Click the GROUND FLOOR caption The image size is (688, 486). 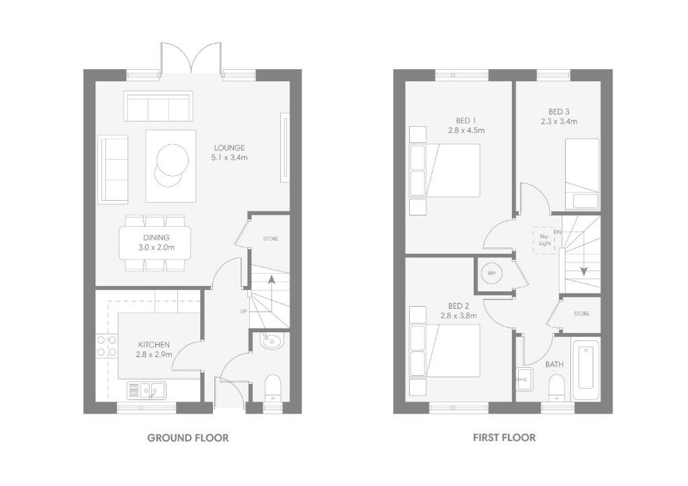point(188,438)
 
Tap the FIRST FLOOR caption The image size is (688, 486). point(504,438)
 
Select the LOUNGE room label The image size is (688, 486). point(229,148)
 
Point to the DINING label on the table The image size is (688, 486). point(156,238)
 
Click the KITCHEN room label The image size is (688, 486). point(154,345)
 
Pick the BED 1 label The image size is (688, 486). point(466,121)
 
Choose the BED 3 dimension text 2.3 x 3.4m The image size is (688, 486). point(559,121)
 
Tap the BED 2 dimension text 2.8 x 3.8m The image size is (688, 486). point(459,315)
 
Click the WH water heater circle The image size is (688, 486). point(491,273)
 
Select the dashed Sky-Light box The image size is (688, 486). point(544,240)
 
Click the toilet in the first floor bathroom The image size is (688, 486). point(556,387)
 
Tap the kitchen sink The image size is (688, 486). point(146,390)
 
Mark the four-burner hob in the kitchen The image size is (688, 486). point(107,345)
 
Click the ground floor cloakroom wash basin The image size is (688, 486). point(272,341)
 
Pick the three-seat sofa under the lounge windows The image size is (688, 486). point(159,106)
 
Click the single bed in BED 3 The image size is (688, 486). point(582,174)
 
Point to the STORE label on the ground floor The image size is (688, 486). point(270,239)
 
